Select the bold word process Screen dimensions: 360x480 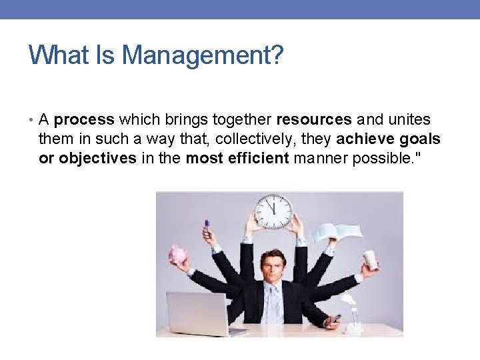tap(84, 120)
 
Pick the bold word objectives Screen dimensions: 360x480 tap(97, 158)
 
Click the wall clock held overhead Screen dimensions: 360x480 tap(273, 211)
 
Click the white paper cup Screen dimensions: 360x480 tap(371, 260)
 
